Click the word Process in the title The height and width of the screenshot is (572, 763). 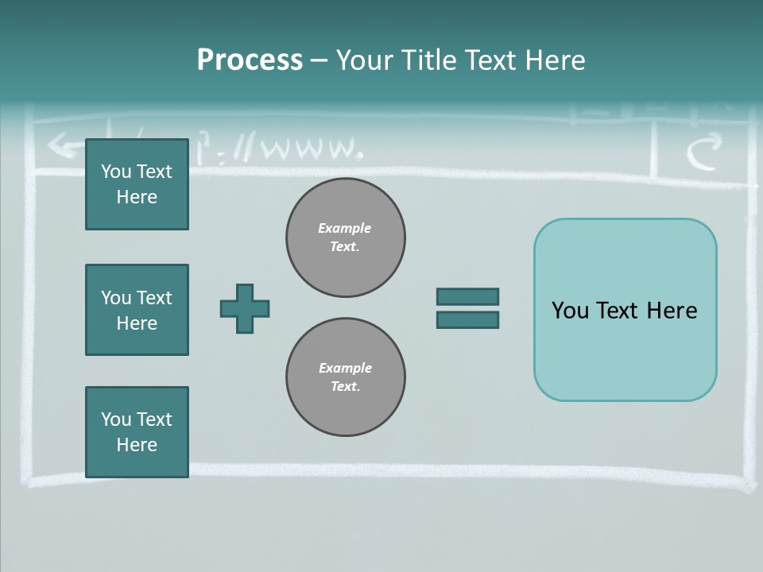click(250, 60)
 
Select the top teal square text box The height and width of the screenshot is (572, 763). click(137, 184)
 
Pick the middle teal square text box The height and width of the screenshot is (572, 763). click(137, 310)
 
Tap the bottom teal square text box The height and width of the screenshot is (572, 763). click(137, 432)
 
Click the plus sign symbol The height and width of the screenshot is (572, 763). click(245, 308)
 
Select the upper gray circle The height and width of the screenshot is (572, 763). click(345, 238)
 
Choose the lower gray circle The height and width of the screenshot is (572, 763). click(345, 377)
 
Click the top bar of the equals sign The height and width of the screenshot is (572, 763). click(467, 296)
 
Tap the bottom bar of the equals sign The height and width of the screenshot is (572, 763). click(467, 319)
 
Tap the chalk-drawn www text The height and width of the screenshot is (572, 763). click(310, 149)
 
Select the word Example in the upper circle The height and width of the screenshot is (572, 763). click(345, 228)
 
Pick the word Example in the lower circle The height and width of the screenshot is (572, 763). click(345, 368)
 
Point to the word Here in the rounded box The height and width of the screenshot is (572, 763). click(672, 311)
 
